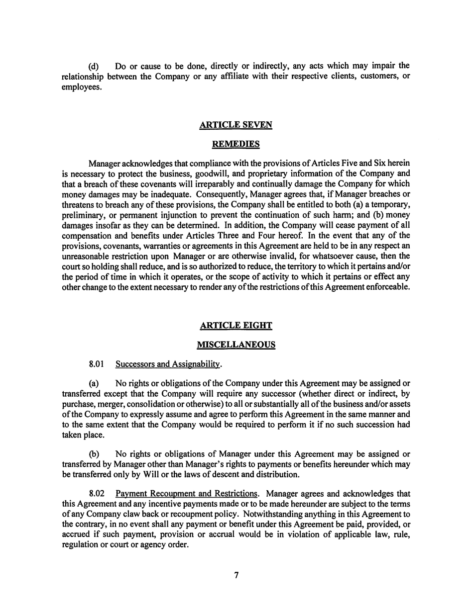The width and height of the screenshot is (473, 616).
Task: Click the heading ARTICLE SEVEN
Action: [x=236, y=125]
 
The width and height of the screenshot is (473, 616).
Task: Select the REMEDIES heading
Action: [x=236, y=144]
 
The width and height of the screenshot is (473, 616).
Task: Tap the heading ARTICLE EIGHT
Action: [x=236, y=326]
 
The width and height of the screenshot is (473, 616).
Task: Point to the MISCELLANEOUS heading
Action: [x=236, y=345]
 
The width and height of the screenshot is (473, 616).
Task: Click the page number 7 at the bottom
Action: [x=236, y=576]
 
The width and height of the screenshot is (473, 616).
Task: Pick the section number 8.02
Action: [x=96, y=494]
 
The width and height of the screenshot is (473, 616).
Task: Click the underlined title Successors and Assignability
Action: [x=168, y=364]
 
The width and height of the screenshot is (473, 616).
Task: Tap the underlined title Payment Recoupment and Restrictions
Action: [x=187, y=494]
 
